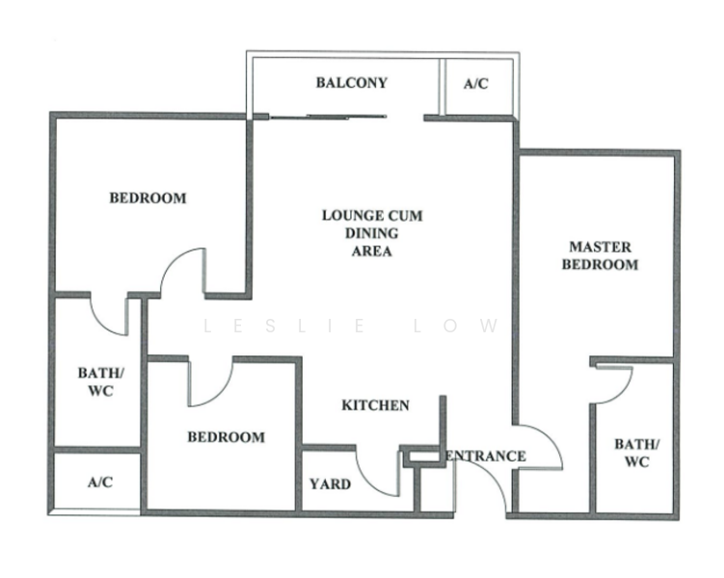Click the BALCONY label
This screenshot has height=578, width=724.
click(351, 83)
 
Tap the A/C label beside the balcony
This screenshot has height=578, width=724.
click(475, 84)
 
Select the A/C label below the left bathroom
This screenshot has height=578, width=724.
click(99, 482)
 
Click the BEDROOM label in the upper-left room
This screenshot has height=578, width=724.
click(147, 198)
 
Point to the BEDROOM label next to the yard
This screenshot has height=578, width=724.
click(226, 436)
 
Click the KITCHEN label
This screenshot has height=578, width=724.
click(375, 406)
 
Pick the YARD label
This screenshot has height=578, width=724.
click(330, 484)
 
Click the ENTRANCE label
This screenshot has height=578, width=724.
click(487, 456)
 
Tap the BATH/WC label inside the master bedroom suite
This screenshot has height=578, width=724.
click(637, 453)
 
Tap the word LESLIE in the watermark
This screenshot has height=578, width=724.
click(286, 327)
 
